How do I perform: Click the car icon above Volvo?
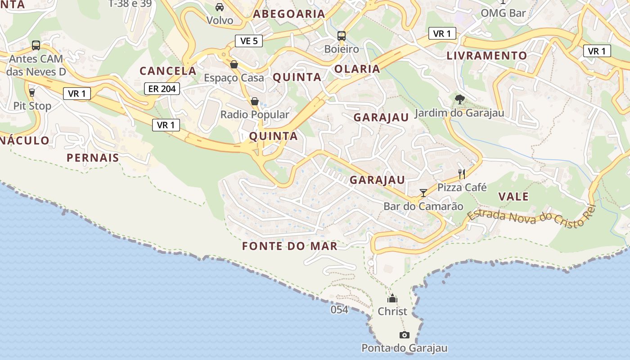pyautogui.click(x=220, y=7)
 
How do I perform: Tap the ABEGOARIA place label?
pyautogui.click(x=289, y=14)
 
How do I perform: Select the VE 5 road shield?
pyautogui.click(x=249, y=41)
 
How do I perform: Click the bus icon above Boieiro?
pyautogui.click(x=342, y=36)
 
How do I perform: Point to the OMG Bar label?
pyautogui.click(x=503, y=13)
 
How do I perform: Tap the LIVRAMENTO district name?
pyautogui.click(x=486, y=56)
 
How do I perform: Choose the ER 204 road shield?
pyautogui.click(x=162, y=89)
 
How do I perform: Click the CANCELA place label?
pyautogui.click(x=168, y=71)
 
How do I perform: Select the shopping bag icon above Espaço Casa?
pyautogui.click(x=234, y=64)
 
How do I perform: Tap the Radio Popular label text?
pyautogui.click(x=255, y=115)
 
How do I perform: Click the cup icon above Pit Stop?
pyautogui.click(x=32, y=93)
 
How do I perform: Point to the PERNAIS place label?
pyautogui.click(x=93, y=158)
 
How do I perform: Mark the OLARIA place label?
pyautogui.click(x=357, y=69)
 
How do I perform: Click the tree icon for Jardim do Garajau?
pyautogui.click(x=459, y=99)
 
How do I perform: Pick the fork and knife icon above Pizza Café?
pyautogui.click(x=462, y=174)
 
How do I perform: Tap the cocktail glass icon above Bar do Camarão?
pyautogui.click(x=423, y=193)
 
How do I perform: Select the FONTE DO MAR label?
pyautogui.click(x=290, y=246)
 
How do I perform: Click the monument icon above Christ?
pyautogui.click(x=392, y=298)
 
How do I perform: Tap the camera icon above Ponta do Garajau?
pyautogui.click(x=405, y=335)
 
